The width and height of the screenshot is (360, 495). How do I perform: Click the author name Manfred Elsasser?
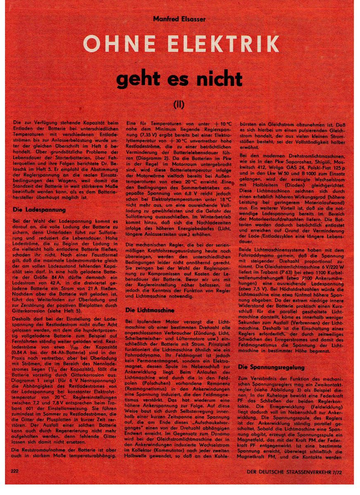pyautogui.click(x=179, y=19)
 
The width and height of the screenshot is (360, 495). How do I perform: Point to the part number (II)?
pyautogui.click(x=179, y=104)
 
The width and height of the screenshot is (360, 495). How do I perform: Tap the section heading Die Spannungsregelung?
pyautogui.click(x=271, y=367)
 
